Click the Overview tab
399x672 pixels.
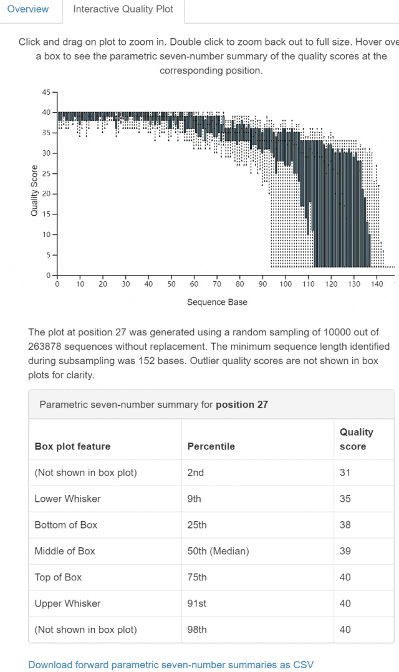(x=28, y=9)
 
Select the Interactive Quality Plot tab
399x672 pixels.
(x=123, y=9)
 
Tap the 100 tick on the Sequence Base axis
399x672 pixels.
(x=286, y=284)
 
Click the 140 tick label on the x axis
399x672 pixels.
(x=377, y=284)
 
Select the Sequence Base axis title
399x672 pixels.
(x=217, y=302)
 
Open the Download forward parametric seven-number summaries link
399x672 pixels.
(x=171, y=665)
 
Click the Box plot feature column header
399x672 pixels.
(x=72, y=446)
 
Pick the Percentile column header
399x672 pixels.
(x=211, y=446)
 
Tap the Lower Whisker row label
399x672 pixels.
(x=67, y=499)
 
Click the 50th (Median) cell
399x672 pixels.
(x=218, y=551)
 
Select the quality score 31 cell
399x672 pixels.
(x=345, y=473)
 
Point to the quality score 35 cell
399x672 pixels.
(x=345, y=499)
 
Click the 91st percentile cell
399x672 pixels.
(x=196, y=603)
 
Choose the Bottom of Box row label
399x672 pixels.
(x=66, y=525)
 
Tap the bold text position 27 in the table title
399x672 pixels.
(x=242, y=405)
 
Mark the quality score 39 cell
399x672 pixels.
(x=345, y=551)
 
